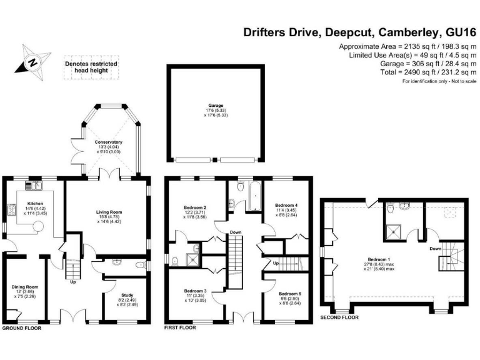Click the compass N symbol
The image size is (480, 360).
pyautogui.click(x=32, y=62)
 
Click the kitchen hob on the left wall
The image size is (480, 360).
pyautogui.click(x=12, y=210)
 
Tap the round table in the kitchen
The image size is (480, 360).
pyautogui.click(x=38, y=227)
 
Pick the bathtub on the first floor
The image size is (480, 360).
pyautogui.click(x=255, y=196)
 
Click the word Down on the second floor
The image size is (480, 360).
pyautogui.click(x=435, y=249)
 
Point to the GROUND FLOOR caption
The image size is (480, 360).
pyautogui.click(x=21, y=328)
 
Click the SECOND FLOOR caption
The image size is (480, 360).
pyautogui.click(x=339, y=317)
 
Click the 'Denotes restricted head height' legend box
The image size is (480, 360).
pyautogui.click(x=91, y=67)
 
